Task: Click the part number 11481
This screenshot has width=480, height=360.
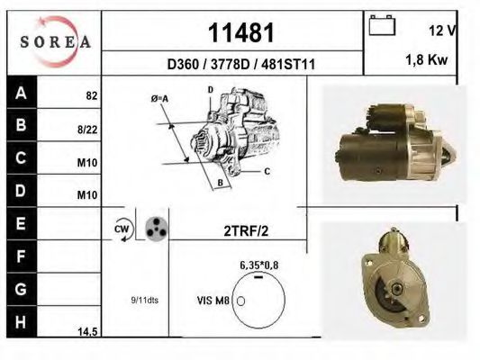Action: [x=240, y=33]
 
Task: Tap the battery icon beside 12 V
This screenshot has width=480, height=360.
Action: [x=384, y=26]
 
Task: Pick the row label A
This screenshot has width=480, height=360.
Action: [x=20, y=93]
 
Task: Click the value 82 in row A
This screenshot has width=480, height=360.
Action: [x=91, y=94]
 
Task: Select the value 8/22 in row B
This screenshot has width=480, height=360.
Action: [x=88, y=130]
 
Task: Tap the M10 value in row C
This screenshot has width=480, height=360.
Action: [x=88, y=163]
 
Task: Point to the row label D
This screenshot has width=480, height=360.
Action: [x=20, y=192]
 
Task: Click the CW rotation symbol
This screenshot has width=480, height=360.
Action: [x=122, y=229]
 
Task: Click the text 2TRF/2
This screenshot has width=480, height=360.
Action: [x=246, y=230]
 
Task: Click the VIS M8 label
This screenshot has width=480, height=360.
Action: [x=213, y=300]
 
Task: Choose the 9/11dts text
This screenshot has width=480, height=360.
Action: [x=144, y=300]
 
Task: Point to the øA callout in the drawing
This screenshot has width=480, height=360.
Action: [x=160, y=98]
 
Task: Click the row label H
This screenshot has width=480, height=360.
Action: [x=20, y=321]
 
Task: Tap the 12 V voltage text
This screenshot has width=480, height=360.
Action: [x=443, y=31]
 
